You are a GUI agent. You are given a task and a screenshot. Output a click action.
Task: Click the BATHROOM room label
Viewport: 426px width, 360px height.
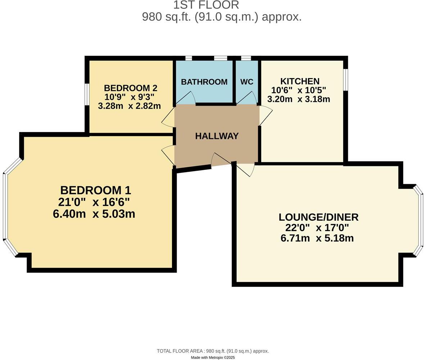click(x=204, y=82)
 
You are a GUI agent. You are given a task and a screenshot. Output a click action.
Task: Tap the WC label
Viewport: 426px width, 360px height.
click(x=247, y=82)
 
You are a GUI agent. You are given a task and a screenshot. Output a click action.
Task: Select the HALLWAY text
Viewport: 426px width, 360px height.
click(x=217, y=136)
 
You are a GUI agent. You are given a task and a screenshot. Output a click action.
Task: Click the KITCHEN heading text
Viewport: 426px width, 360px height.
click(x=300, y=81)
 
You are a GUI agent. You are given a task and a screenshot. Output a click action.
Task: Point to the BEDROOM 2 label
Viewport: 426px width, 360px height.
click(x=130, y=88)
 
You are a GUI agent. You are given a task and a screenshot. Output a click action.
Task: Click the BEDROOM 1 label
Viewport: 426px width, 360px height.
click(x=95, y=190)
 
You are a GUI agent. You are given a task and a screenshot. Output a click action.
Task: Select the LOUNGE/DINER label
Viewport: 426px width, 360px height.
click(x=318, y=217)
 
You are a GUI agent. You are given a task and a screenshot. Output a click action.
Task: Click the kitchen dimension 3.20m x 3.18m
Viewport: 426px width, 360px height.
click(x=299, y=99)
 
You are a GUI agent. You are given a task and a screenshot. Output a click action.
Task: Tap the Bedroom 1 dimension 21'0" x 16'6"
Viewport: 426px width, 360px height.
click(x=94, y=202)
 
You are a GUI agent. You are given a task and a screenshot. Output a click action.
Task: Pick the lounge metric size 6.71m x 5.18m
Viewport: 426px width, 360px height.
click(x=317, y=238)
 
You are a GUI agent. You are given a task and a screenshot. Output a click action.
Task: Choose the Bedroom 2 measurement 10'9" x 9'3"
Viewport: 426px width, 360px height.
click(x=130, y=97)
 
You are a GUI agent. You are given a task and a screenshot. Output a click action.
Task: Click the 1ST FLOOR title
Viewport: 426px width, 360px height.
click(x=206, y=5)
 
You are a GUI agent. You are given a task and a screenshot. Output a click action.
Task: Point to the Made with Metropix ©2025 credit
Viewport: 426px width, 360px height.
click(x=213, y=357)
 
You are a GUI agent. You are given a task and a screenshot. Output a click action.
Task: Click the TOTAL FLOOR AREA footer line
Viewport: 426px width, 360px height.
click(x=213, y=351)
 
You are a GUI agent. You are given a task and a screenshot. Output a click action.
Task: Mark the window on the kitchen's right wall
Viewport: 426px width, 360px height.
click(x=345, y=80)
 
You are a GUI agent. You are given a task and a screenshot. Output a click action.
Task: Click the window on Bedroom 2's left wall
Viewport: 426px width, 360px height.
click(x=87, y=95)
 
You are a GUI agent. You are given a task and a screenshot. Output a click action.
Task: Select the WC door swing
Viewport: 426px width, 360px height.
click(x=248, y=98)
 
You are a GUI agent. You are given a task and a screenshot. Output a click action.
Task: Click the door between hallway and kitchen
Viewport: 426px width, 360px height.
click(x=265, y=115)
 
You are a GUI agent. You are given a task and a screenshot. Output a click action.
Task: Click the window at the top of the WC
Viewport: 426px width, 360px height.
click(x=246, y=58)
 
